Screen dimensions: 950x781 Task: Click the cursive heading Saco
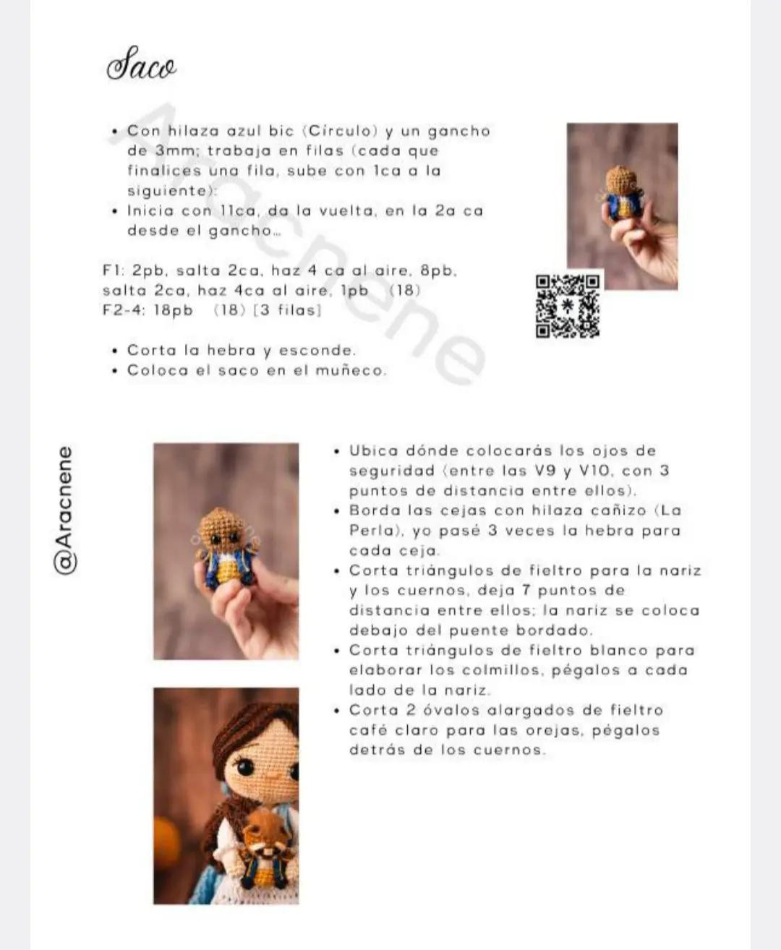[141, 65]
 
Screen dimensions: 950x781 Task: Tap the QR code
[568, 306]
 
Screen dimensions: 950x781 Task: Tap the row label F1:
[114, 270]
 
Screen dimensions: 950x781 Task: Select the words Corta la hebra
[192, 351]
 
